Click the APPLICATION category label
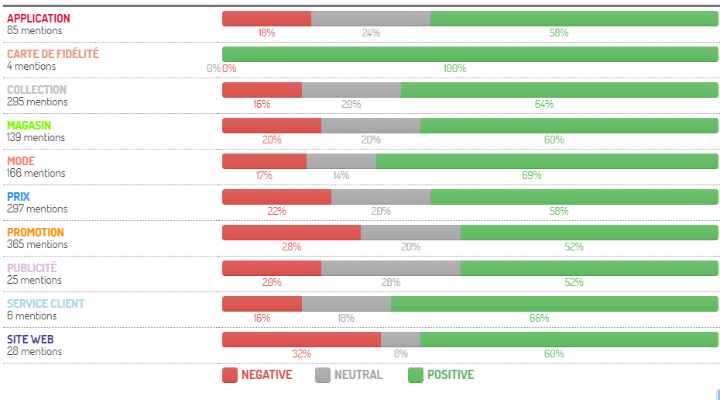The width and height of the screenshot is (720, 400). pos(39,19)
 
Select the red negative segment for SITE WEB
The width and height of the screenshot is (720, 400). pos(302,340)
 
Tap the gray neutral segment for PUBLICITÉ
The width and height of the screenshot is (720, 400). pos(391,268)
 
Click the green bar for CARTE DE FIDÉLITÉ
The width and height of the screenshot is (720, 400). pos(470,54)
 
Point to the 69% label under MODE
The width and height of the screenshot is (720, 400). pos(532,175)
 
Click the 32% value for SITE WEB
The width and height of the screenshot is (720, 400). pos(302,353)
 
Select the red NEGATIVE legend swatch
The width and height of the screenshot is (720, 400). pos(230,375)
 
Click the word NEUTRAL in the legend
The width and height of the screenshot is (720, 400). pos(358,375)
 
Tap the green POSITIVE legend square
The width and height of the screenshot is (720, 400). pos(416,375)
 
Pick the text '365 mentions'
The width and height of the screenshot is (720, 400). pos(37,244)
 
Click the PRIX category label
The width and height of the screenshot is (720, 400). pos(19,197)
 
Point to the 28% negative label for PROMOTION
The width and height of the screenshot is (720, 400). pos(292,247)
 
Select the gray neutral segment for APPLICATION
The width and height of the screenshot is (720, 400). pos(371,19)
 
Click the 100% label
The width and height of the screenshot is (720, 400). pos(454,68)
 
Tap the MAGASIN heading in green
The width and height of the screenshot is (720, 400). pos(29,126)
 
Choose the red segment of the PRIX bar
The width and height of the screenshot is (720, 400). pos(277,197)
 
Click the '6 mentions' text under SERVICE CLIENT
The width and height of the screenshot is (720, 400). pos(32,316)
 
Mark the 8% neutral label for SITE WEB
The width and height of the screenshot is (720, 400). pos(401,353)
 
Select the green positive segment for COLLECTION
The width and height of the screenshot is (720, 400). pos(559,90)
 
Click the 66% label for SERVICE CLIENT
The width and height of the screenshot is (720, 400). pos(539,318)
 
